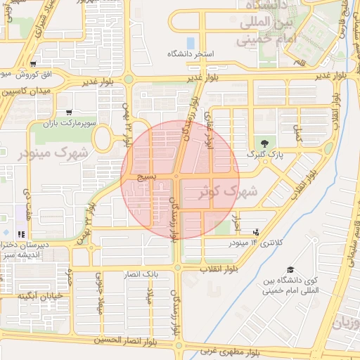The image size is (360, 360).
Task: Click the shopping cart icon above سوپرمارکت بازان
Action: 68,112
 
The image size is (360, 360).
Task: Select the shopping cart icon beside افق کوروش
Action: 34,63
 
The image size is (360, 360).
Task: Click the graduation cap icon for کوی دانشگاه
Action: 290,270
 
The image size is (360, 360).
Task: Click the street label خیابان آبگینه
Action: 41,295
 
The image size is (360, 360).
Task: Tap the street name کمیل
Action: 296,131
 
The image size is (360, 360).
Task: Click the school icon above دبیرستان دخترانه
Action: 21,233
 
